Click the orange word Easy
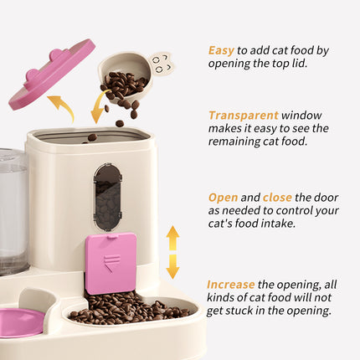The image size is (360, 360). pyautogui.click(x=222, y=50)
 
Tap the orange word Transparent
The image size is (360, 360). pyautogui.click(x=243, y=115)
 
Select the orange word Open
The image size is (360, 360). pyautogui.click(x=223, y=198)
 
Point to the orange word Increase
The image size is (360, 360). pyautogui.click(x=231, y=284)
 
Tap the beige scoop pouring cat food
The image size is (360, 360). pyautogui.click(x=126, y=75)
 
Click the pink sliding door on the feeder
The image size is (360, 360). pyautogui.click(x=111, y=262)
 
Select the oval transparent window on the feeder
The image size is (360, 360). pyautogui.click(x=107, y=196)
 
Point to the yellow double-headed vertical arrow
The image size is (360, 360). pyautogui.click(x=172, y=251)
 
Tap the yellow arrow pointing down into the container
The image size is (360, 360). pyautogui.click(x=99, y=106)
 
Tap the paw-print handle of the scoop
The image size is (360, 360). pyautogui.click(x=161, y=62)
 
